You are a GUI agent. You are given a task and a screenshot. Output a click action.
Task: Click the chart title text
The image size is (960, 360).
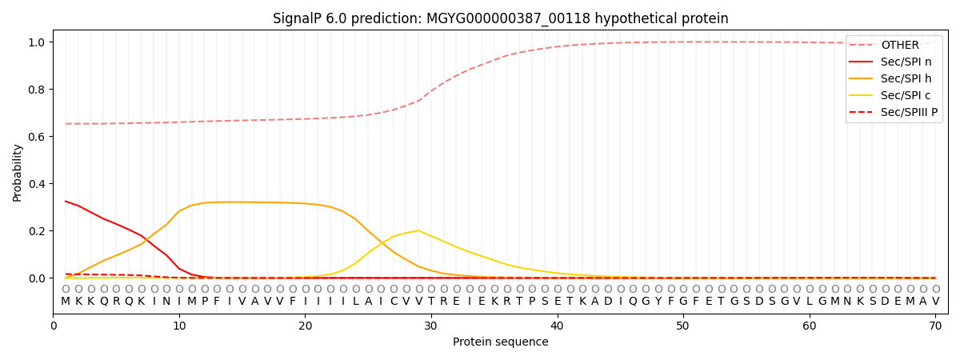(x=501, y=18)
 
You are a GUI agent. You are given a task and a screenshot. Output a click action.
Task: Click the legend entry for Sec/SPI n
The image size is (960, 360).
(x=890, y=62)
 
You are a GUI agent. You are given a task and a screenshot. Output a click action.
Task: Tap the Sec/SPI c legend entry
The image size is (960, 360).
(x=890, y=95)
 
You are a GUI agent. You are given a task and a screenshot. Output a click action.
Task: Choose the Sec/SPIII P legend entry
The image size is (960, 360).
(x=893, y=112)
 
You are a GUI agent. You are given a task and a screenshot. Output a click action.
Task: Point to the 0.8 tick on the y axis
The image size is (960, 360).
(x=37, y=90)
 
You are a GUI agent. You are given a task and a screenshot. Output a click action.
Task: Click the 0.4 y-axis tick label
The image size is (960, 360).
(x=37, y=184)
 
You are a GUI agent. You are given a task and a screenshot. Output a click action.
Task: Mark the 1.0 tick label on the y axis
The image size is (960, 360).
(x=37, y=42)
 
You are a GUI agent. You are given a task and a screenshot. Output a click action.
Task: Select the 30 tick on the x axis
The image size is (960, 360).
(x=431, y=326)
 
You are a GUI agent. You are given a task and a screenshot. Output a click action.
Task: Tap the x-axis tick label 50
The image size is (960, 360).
(x=683, y=326)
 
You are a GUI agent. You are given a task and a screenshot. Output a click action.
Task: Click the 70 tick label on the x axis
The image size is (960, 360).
(x=935, y=326)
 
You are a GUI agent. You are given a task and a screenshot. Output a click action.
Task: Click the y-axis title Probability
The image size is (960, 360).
(x=17, y=173)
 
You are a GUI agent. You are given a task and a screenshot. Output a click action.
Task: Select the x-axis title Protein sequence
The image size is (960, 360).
(x=501, y=342)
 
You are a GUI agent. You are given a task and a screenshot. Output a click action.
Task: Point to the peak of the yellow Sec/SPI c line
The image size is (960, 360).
(x=418, y=230)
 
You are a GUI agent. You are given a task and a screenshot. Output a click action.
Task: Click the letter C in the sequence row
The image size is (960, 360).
(x=394, y=301)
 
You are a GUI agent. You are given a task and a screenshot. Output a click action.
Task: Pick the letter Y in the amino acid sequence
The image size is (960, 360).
(x=658, y=301)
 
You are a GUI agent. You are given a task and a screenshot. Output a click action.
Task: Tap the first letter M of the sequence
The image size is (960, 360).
(x=66, y=301)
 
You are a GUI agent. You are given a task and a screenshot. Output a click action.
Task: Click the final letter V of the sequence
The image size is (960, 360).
(x=935, y=301)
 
